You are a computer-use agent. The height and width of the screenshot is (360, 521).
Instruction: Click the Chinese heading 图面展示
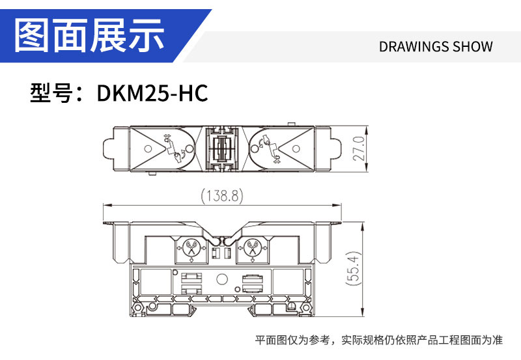click(x=90, y=35)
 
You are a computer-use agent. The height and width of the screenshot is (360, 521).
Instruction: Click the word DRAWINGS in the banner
click(x=414, y=46)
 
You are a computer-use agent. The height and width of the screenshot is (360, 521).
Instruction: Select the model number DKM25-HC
click(x=152, y=92)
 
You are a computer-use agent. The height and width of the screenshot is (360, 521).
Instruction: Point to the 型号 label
click(x=51, y=92)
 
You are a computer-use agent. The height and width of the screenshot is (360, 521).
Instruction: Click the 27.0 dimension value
click(x=359, y=148)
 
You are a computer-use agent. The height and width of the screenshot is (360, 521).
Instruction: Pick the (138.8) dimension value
click(x=222, y=195)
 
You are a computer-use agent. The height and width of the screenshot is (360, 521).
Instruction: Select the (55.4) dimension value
click(x=353, y=268)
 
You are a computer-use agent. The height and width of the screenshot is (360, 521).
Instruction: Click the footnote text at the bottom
click(x=379, y=340)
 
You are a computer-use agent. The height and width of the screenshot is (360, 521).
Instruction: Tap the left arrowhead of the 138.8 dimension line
click(x=106, y=205)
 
